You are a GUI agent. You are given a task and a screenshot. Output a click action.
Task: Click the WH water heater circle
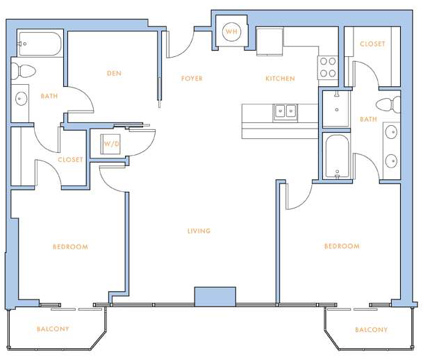231,31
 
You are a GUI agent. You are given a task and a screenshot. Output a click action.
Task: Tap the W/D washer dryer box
110,144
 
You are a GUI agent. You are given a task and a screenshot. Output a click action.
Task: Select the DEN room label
114,74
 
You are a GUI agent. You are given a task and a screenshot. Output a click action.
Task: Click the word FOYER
192,79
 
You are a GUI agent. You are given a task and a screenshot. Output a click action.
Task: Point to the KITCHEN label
280,79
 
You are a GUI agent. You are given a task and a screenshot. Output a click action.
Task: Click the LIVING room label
199,231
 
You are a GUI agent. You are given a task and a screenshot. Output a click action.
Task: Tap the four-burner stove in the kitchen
328,67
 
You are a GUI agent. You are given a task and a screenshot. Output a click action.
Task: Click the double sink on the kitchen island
285,112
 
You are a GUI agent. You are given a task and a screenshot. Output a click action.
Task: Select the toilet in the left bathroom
24,71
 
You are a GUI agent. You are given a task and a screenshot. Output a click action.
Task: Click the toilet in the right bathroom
388,105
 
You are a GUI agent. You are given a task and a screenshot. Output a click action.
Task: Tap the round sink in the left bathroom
21,99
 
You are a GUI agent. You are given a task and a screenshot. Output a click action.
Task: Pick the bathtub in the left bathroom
40,44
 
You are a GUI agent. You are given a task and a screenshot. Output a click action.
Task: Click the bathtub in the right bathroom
337,156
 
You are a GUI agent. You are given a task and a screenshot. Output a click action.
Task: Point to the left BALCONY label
53,329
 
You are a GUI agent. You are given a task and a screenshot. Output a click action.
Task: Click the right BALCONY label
371,330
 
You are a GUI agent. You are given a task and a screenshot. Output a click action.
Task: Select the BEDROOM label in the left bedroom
70,247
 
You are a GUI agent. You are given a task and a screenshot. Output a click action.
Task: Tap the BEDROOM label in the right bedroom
342,246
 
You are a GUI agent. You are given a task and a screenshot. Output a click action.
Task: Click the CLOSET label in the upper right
372,44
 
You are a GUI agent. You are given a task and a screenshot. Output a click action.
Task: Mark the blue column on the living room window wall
215,296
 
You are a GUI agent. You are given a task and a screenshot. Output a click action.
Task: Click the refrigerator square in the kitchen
269,42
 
